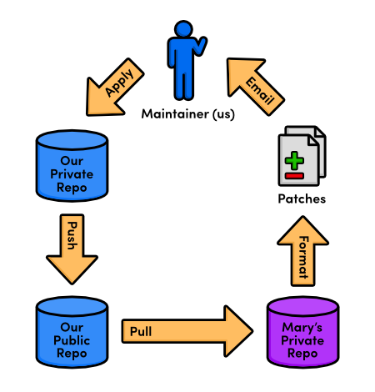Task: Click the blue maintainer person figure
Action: click(183, 61)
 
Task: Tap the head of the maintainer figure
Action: click(183, 28)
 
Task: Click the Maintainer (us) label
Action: click(188, 114)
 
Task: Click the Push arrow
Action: click(72, 249)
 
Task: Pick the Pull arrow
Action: click(187, 331)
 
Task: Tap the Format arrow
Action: click(302, 251)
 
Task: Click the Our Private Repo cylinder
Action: click(72, 166)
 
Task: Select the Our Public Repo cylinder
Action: click(72, 332)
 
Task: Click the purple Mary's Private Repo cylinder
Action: click(302, 332)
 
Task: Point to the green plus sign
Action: click(294, 160)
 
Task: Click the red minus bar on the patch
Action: click(294, 176)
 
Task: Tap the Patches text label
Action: click(302, 199)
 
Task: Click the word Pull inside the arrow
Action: click(141, 332)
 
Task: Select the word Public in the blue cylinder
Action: click(72, 340)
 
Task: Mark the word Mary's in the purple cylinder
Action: click(302, 327)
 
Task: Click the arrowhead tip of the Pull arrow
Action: click(252, 331)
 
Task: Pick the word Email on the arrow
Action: click(260, 91)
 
